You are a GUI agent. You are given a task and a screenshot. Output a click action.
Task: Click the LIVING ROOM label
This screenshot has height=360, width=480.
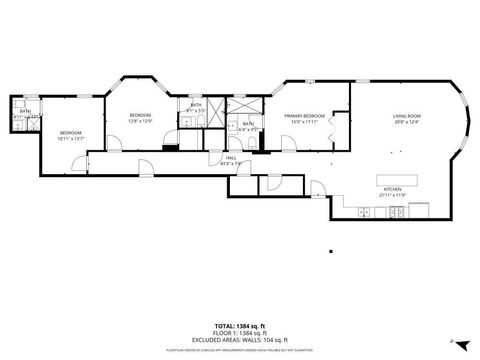pyautogui.click(x=405, y=117)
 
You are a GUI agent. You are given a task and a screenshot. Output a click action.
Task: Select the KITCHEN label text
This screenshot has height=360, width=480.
pyautogui.click(x=392, y=188)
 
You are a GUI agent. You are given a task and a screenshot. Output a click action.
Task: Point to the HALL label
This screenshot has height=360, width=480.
pyautogui.click(x=231, y=157)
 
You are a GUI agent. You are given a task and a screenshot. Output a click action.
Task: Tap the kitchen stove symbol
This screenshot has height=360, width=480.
pyautogui.click(x=399, y=211)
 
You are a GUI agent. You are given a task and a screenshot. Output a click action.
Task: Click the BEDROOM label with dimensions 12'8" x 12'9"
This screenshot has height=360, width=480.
pyautogui.click(x=140, y=116)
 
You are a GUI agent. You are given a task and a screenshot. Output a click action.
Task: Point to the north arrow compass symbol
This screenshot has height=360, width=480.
pyautogui.click(x=452, y=342)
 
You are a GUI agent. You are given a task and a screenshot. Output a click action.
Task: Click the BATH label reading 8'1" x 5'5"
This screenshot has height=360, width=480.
pyautogui.click(x=195, y=107)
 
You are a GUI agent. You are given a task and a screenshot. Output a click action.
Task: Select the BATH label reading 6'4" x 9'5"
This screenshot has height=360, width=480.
pyautogui.click(x=247, y=126)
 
